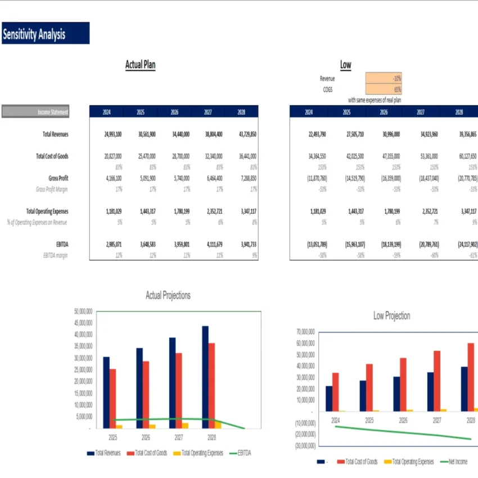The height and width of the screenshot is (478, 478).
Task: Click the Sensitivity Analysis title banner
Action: click(46, 33)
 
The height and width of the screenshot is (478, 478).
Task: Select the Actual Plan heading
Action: click(140, 65)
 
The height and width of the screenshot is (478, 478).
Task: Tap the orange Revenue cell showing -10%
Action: click(384, 79)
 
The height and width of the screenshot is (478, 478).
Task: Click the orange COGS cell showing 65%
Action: click(384, 89)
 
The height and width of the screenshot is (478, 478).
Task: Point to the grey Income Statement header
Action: click(35, 112)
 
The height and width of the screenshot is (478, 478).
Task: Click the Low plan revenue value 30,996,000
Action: click(384, 134)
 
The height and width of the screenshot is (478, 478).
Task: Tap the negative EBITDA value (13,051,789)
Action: click(309, 245)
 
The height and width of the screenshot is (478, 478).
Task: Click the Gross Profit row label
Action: click(58, 178)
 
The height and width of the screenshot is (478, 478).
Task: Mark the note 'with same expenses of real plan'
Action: click(374, 100)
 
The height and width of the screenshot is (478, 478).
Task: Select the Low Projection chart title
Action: click(391, 315)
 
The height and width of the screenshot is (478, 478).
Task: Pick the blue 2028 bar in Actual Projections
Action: click(205, 377)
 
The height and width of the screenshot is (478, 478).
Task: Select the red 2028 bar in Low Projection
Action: click(471, 377)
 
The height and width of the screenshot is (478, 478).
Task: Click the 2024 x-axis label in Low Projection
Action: click(335, 420)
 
